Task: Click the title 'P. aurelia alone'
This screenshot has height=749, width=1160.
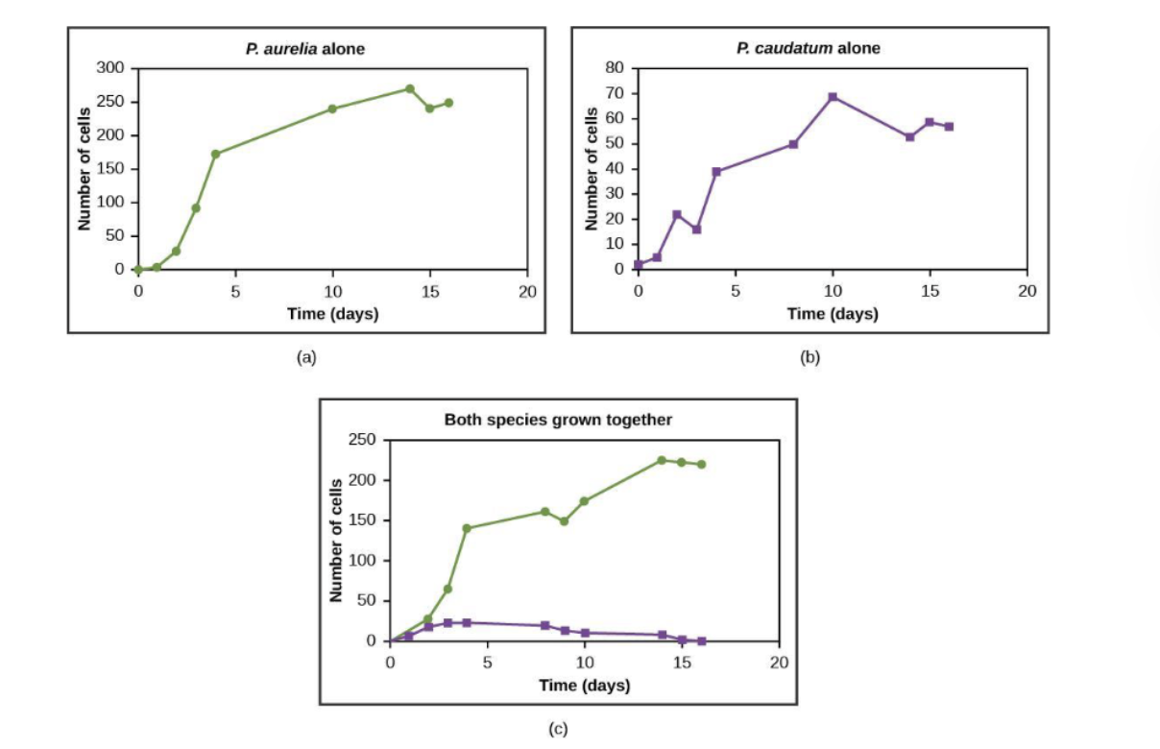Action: [305, 49]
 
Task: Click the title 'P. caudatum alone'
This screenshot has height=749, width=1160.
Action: [808, 49]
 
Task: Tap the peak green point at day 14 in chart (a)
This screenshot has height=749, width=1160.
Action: [410, 88]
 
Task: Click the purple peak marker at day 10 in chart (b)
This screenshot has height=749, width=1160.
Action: [833, 97]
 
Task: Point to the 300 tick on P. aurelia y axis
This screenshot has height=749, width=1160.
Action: [110, 68]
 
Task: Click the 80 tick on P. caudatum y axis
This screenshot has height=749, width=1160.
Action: [614, 68]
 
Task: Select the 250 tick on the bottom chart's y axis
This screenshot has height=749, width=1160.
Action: [362, 440]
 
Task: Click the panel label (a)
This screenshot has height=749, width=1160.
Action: [305, 357]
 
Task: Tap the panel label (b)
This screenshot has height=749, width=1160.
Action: [810, 357]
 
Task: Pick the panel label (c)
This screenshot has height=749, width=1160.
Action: [558, 729]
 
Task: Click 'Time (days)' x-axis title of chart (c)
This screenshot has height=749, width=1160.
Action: [584, 686]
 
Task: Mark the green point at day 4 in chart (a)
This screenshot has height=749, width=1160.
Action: [216, 154]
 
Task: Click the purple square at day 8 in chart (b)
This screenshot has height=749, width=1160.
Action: [793, 144]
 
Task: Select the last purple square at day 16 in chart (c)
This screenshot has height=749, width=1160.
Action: [702, 640]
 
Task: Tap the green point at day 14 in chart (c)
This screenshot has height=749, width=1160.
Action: [662, 460]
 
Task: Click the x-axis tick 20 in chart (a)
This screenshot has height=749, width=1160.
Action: [527, 291]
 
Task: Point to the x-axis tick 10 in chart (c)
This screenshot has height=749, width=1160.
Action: [585, 663]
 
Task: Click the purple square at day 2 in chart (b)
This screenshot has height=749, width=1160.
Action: [677, 214]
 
